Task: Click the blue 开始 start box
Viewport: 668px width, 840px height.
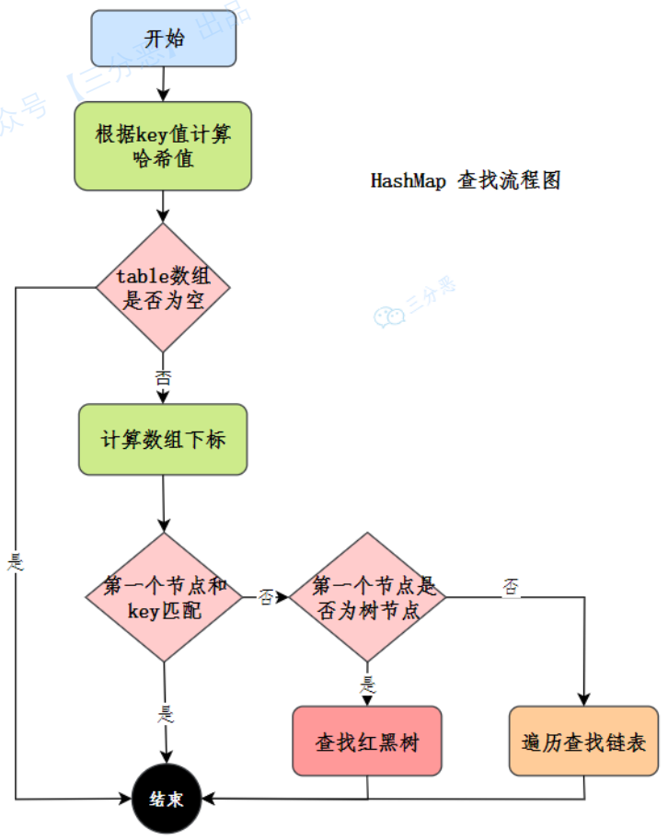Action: [164, 39]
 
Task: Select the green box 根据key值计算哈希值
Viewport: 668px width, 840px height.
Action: [164, 146]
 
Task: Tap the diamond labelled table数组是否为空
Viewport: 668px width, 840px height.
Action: [163, 288]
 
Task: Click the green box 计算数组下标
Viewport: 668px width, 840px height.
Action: [163, 440]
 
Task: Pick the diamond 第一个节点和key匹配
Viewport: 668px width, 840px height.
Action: [165, 597]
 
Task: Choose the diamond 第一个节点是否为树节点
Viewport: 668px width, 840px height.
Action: [368, 597]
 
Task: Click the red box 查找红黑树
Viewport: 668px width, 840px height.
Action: [367, 741]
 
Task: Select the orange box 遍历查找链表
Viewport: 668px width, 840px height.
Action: [583, 741]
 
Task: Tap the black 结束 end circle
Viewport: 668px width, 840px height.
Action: [166, 798]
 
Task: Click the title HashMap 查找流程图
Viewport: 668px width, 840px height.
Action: [466, 180]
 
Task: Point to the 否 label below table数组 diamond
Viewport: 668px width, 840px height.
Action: [164, 375]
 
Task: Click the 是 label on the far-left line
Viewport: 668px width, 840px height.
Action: [15, 561]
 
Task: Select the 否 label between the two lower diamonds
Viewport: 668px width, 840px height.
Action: [266, 598]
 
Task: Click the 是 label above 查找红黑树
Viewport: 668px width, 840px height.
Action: [368, 684]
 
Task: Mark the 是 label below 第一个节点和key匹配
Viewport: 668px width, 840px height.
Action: [166, 713]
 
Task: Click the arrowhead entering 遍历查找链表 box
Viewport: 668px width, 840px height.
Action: [583, 699]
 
